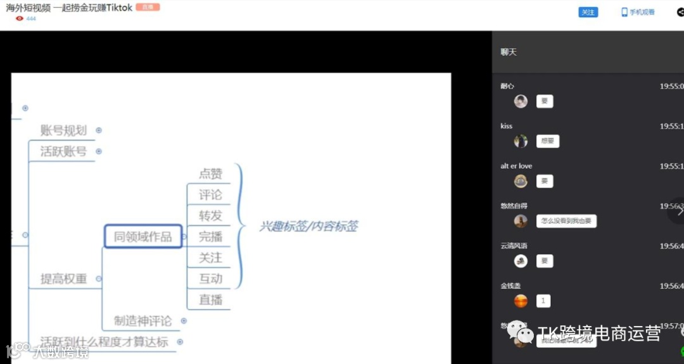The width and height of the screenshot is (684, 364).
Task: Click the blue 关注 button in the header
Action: click(x=588, y=12)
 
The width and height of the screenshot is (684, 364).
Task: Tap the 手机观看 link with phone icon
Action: click(x=638, y=12)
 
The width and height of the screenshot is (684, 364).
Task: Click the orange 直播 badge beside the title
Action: click(x=148, y=8)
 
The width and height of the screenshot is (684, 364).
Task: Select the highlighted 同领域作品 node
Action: click(x=143, y=237)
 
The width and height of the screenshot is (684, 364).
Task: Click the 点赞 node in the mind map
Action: click(x=211, y=174)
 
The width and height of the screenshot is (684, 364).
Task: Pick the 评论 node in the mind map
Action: click(x=211, y=195)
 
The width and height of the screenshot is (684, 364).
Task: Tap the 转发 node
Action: click(x=211, y=216)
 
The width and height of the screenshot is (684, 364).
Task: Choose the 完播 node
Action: click(x=211, y=237)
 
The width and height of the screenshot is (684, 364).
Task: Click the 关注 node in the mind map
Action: click(x=211, y=258)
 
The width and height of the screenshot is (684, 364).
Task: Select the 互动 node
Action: click(x=211, y=279)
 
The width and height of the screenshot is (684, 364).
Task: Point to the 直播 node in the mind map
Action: click(x=211, y=299)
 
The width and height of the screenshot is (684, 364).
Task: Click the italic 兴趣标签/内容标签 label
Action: click(x=308, y=226)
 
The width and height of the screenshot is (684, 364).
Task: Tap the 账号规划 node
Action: click(x=63, y=130)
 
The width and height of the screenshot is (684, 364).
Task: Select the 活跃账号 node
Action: click(x=63, y=151)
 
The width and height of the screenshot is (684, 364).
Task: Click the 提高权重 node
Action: click(x=63, y=279)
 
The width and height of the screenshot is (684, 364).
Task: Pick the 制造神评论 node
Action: click(x=143, y=321)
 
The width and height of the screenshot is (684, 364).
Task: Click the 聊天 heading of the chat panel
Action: click(x=509, y=52)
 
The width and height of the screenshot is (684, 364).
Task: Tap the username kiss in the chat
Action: click(x=506, y=126)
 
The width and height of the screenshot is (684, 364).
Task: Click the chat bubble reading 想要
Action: click(x=548, y=141)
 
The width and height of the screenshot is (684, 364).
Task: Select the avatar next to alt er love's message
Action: click(x=521, y=181)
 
